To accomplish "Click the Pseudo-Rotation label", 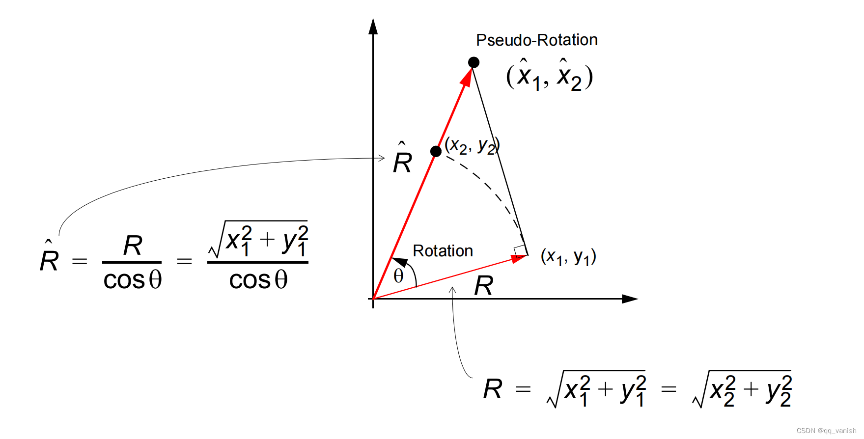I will (x=536, y=40).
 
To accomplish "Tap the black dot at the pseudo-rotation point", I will (x=474, y=62).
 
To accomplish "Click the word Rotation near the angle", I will (x=443, y=251).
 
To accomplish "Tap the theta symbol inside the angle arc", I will (x=398, y=276).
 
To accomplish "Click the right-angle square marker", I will (x=520, y=251).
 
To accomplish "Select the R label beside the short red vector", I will (x=483, y=286).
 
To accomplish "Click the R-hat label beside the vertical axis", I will (x=402, y=160).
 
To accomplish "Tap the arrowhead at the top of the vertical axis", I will (x=373, y=27).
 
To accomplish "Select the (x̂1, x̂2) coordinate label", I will (x=550, y=76).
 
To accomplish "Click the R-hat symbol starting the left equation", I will (x=49, y=258).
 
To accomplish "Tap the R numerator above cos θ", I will (x=133, y=246).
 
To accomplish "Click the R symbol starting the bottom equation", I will (x=493, y=389).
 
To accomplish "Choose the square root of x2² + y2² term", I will (x=742, y=390).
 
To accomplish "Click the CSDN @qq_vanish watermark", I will (x=826, y=431).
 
